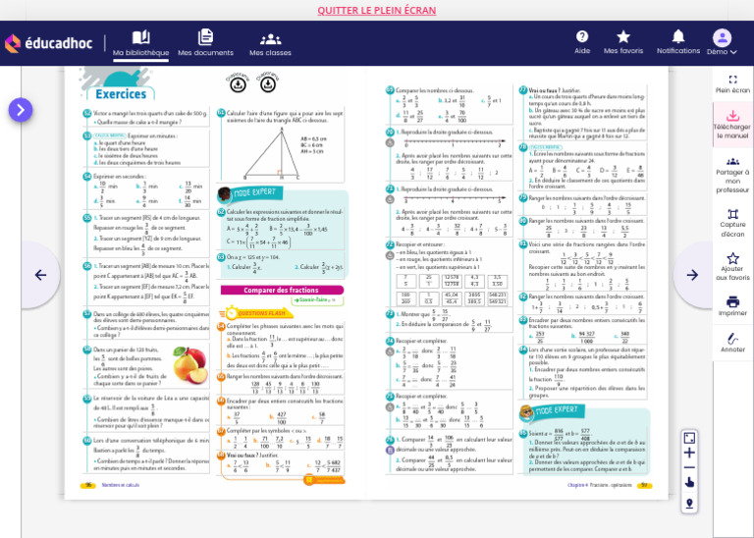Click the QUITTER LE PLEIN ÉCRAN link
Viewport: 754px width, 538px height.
pos(376,11)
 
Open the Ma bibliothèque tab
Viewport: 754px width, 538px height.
pos(140,43)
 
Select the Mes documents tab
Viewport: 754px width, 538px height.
pos(205,43)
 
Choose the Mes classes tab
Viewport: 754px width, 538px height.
pos(270,43)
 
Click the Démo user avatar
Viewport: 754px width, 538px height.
pos(722,38)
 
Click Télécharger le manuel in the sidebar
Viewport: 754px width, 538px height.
pos(732,124)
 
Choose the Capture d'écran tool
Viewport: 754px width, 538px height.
pos(732,222)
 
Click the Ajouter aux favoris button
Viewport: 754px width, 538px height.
pos(732,265)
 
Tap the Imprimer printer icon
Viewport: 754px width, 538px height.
pos(732,305)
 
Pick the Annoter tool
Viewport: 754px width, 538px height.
pos(732,342)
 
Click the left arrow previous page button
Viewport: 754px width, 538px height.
pos(40,275)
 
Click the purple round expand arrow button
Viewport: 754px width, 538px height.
pos(21,110)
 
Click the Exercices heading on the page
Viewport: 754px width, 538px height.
pos(121,94)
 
